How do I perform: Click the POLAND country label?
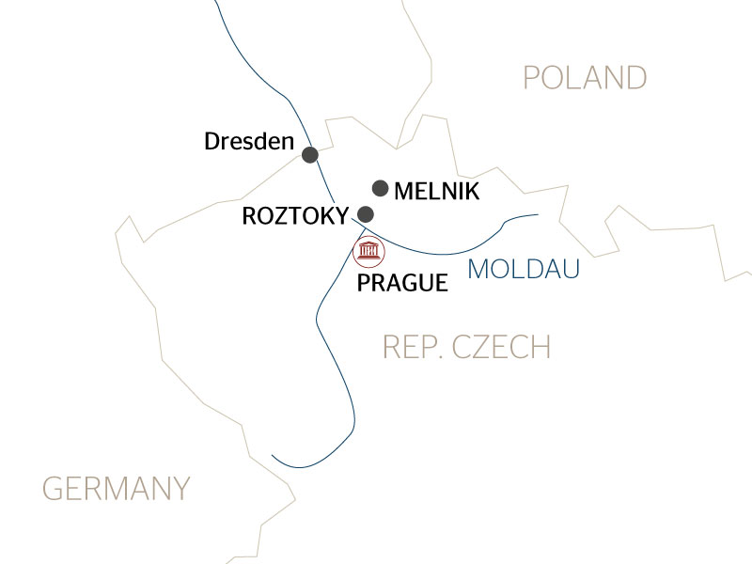pos(585,77)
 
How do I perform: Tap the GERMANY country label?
pos(117,489)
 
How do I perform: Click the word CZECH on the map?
pos(501,347)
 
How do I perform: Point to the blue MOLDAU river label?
pos(523,270)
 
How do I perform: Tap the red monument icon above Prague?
pos(368,252)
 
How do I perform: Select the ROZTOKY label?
pos(295,215)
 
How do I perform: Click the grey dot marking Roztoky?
pos(366,214)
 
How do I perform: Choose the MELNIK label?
pos(437,192)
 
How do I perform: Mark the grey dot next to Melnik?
pos(381,188)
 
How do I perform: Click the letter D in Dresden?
pos(211,142)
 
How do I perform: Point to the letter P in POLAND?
pos(532,77)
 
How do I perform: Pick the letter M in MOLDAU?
pos(478,270)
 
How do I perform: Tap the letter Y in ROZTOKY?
pos(341,215)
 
